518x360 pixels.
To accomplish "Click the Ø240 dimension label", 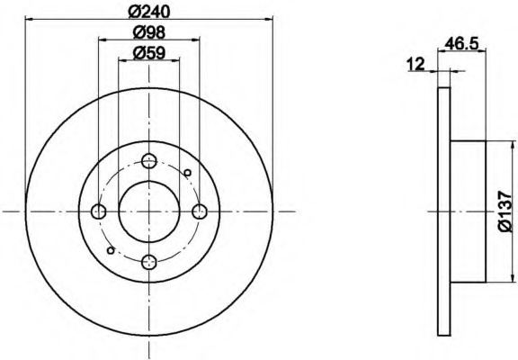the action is [x=149, y=12].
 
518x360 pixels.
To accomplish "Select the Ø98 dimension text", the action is [x=149, y=32].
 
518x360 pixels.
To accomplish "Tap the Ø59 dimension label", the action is [x=149, y=53].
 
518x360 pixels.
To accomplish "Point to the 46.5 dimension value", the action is [x=461, y=44].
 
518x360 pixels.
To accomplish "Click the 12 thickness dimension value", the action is [x=415, y=64].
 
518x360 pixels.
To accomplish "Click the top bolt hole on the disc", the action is [x=149, y=161].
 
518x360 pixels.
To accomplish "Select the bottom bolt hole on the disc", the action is [x=149, y=262].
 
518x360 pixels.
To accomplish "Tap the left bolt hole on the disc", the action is [x=98, y=211].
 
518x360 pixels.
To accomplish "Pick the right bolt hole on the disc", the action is [x=200, y=211].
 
